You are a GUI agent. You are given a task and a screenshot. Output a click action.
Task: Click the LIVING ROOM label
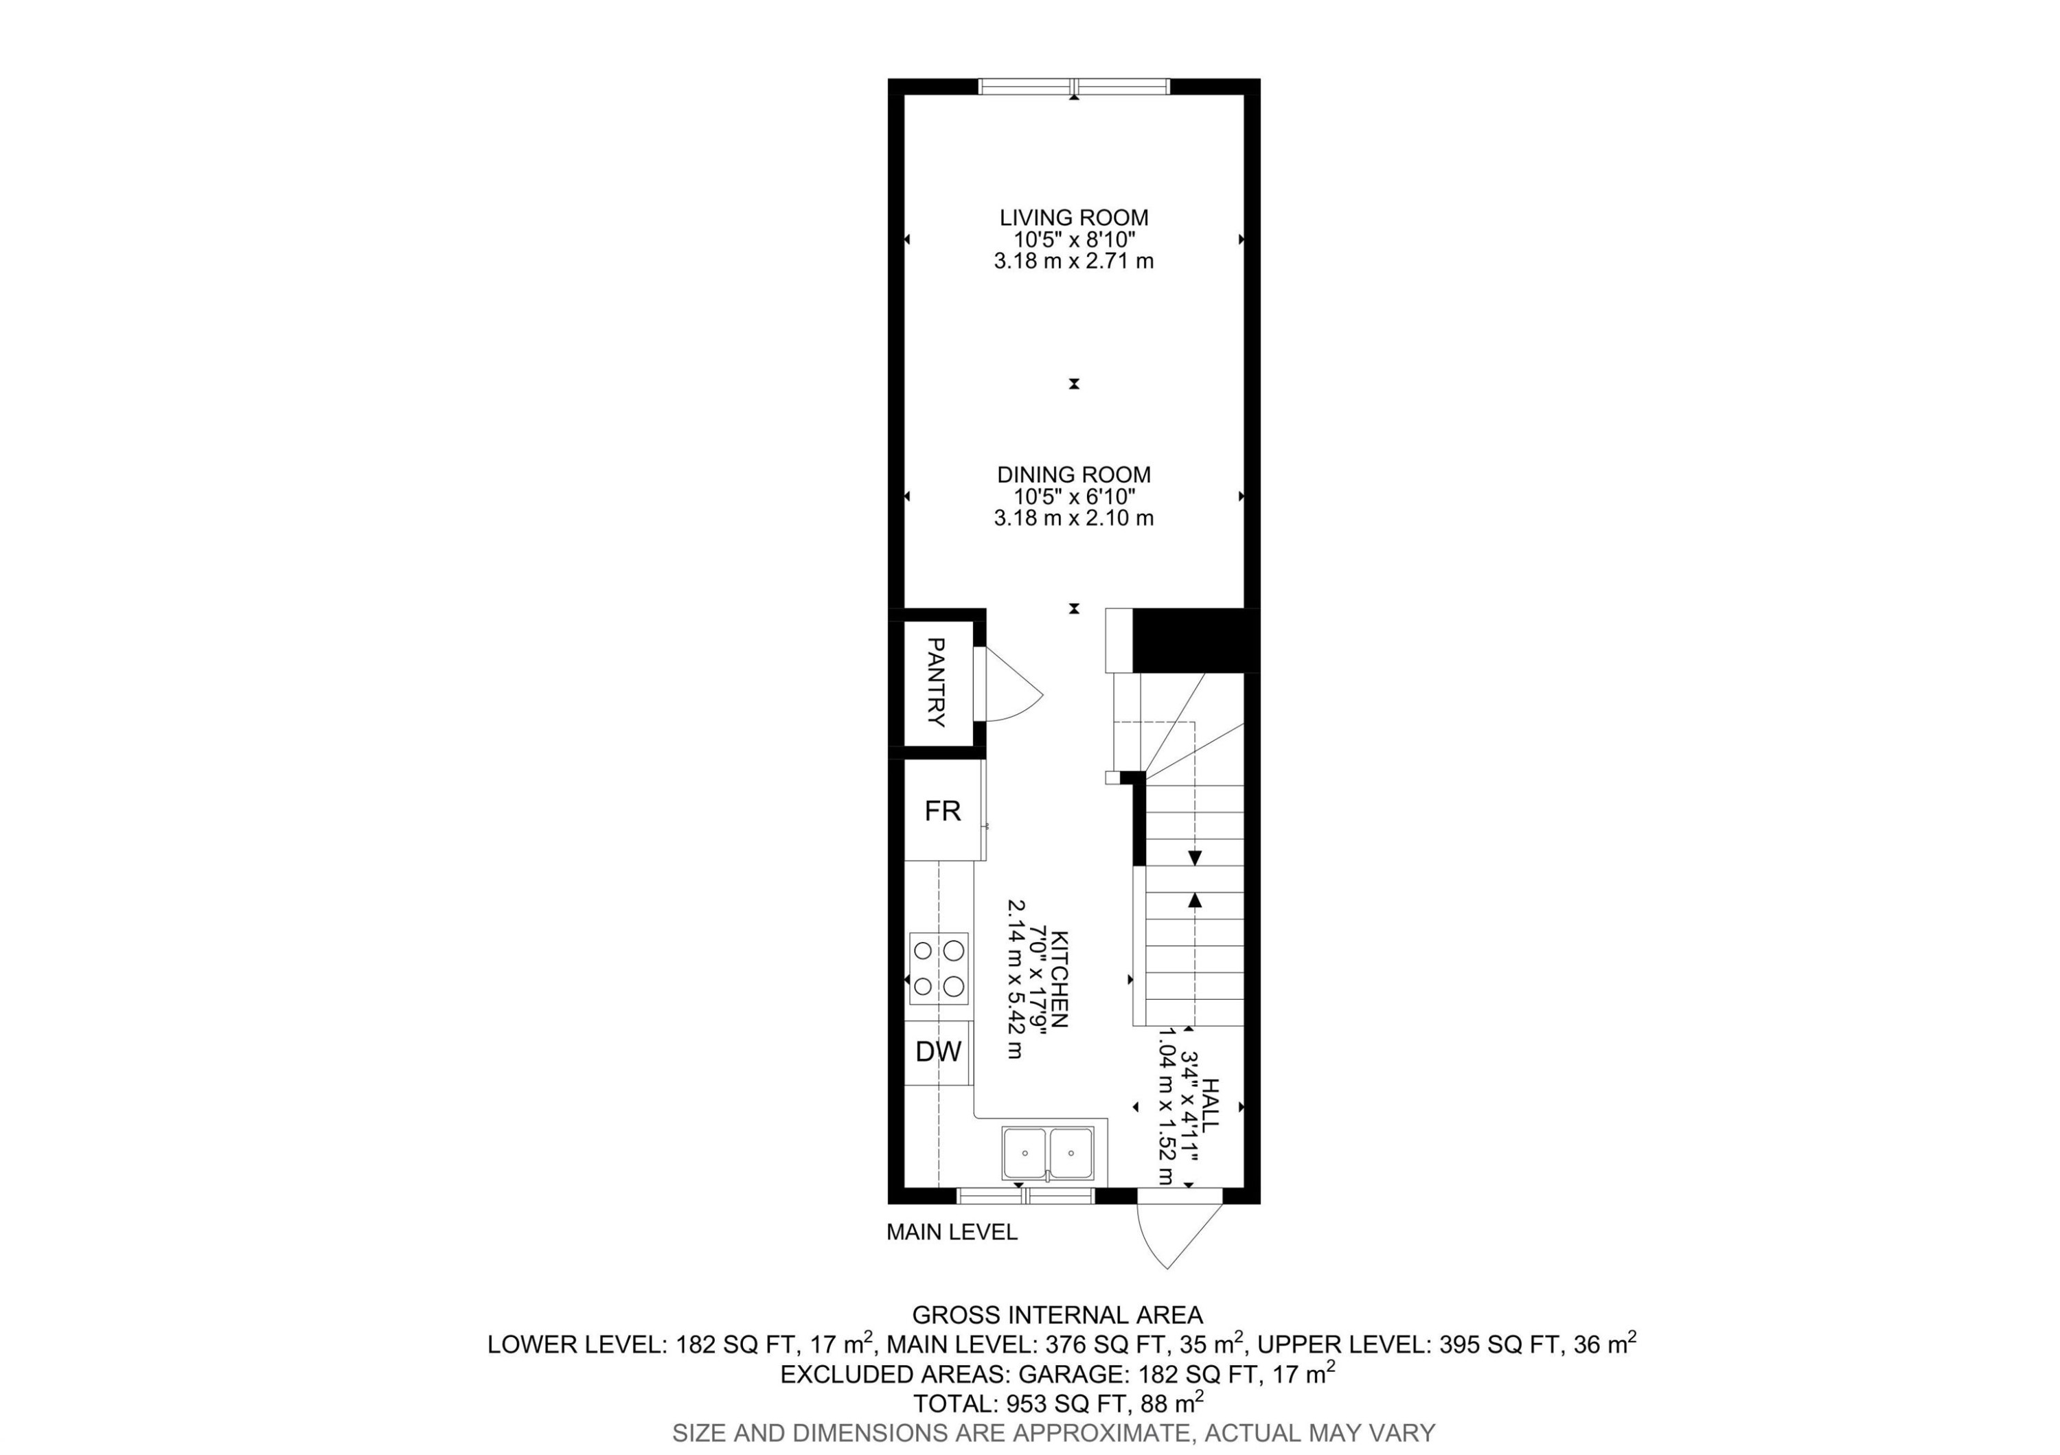pos(1073,217)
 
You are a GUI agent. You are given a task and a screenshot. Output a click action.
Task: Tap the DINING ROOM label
pos(1073,474)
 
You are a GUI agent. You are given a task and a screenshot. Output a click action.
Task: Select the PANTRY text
pos(936,682)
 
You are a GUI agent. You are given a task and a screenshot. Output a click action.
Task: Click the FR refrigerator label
pos(942,811)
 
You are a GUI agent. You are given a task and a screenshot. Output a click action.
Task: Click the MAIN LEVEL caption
pos(951,1233)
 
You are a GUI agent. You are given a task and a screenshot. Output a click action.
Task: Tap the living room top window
pos(1073,86)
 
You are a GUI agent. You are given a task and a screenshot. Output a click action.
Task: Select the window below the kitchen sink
pos(1025,1195)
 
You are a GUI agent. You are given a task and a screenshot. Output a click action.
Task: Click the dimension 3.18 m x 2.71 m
pos(1073,262)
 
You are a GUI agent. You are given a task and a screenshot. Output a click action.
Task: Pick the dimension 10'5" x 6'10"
pos(1073,496)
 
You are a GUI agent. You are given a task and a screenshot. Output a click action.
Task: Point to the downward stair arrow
pos(1194,858)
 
